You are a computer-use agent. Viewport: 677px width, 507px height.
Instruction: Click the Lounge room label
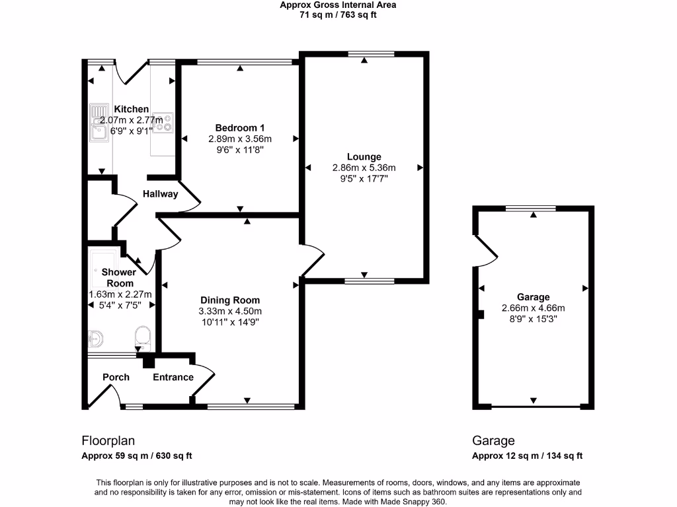[x=364, y=157]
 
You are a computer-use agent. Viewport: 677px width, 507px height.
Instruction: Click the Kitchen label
[x=132, y=110]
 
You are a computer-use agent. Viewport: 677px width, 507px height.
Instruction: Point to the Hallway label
[x=161, y=194]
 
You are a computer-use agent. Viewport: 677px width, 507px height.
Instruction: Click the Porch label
[x=116, y=377]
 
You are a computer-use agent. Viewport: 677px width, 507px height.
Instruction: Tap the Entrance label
[x=173, y=377]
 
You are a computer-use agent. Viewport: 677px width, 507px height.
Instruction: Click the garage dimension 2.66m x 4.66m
[x=534, y=308]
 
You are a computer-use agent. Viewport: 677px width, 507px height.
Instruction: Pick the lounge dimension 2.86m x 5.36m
[x=364, y=168]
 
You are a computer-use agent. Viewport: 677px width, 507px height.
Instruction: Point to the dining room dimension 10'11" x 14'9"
[x=231, y=322]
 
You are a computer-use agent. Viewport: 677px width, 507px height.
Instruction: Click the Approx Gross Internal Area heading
[x=338, y=5]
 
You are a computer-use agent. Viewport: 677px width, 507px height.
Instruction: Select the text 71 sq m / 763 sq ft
[x=338, y=15]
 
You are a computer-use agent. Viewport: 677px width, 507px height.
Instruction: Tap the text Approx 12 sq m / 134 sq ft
[x=527, y=456]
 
